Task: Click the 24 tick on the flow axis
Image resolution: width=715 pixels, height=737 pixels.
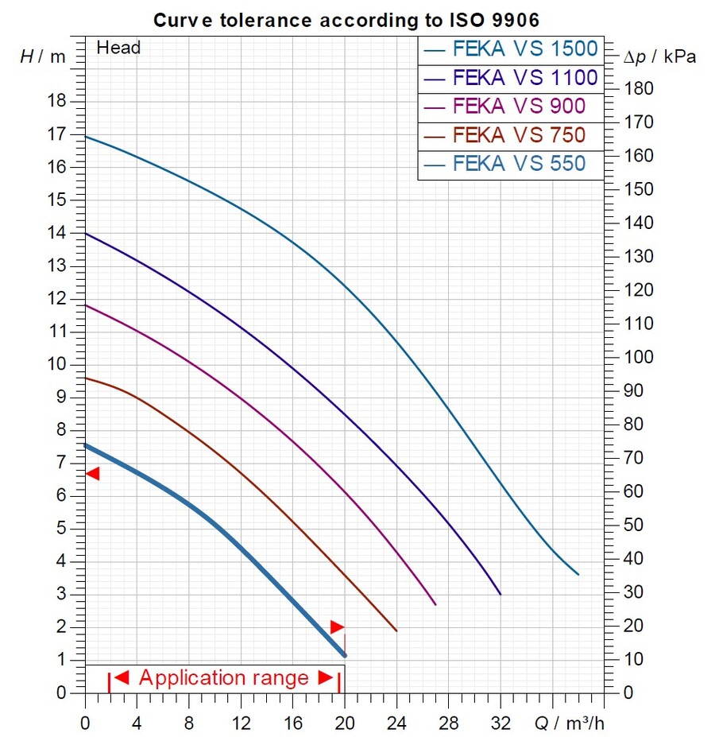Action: [396, 723]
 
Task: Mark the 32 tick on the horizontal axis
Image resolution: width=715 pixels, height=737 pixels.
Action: [500, 723]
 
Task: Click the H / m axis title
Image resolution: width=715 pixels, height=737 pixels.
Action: [43, 56]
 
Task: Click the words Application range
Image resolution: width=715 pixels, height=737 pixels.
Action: [223, 678]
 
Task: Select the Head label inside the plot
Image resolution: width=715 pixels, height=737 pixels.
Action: [118, 48]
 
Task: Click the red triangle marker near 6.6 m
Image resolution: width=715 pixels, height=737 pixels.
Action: [93, 474]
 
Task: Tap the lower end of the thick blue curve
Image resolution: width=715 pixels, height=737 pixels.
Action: [344, 654]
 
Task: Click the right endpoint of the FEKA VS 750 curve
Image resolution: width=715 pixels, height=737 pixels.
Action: [396, 630]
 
